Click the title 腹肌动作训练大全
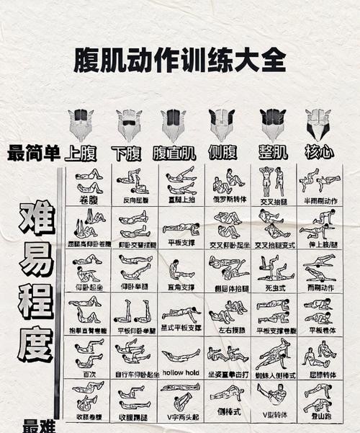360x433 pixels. pos(180,60)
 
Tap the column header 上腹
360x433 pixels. pos(81,153)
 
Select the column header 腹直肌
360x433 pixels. pos(174,153)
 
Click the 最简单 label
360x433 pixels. pos(32,153)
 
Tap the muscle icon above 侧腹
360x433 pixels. pos(221,124)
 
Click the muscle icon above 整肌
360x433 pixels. pos(272,124)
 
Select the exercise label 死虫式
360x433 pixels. pos(274,287)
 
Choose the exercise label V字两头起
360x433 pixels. pos(181,416)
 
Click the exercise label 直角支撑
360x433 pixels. pos(181,287)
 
